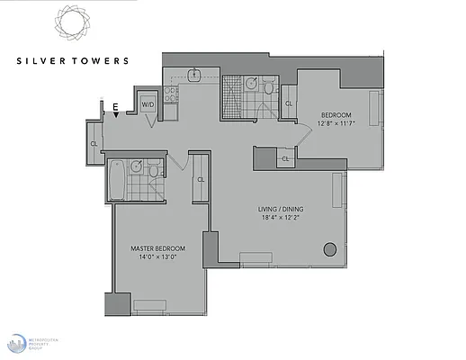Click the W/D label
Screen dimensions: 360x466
[x=148, y=105]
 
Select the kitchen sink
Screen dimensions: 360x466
[x=193, y=75]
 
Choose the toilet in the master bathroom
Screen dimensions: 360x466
[x=154, y=170]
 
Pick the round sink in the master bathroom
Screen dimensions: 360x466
[x=135, y=166]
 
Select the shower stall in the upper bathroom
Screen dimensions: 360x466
[x=236, y=91]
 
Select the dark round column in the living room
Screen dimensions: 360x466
[x=329, y=248]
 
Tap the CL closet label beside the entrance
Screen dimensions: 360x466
[x=94, y=142]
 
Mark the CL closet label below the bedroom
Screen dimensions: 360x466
[x=285, y=159]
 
